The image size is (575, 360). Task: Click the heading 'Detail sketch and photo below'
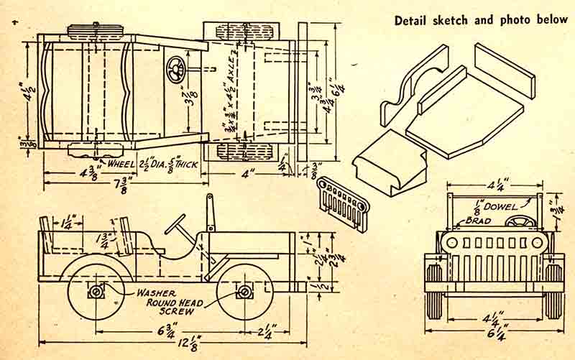coord(481,19)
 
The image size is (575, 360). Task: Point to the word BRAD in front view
coord(477,221)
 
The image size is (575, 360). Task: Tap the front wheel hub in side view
coord(244,292)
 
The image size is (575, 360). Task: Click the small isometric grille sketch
coord(343,202)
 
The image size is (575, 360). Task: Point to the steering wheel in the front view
coord(520,222)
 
